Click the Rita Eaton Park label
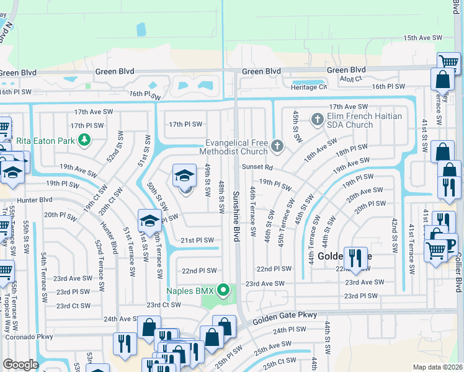pos(42,139)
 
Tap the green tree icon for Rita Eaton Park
pos(84,139)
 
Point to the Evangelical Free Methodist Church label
pos(234,147)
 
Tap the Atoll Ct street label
pos(350,79)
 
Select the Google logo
pos(20,364)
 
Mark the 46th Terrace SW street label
pos(253,211)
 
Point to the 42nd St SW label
pos(393,235)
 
